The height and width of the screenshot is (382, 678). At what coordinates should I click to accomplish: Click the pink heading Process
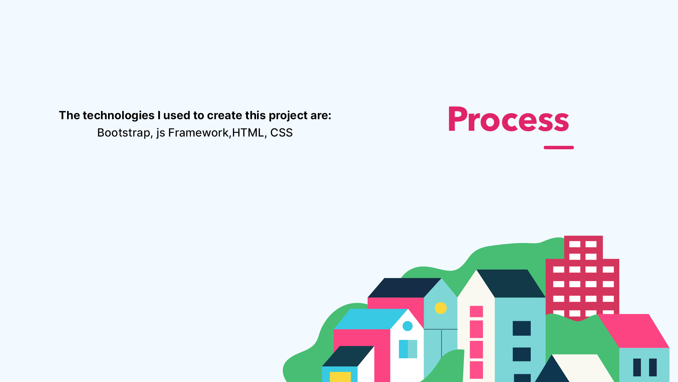pyautogui.click(x=509, y=119)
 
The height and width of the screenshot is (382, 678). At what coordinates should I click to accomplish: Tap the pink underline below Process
pyautogui.click(x=559, y=147)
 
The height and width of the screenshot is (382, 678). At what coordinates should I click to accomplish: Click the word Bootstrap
pyautogui.click(x=124, y=133)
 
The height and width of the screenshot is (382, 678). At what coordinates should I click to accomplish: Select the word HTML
pyautogui.click(x=248, y=133)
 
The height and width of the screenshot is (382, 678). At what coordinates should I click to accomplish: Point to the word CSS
pyautogui.click(x=281, y=133)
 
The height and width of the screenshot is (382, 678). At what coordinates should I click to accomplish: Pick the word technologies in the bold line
pyautogui.click(x=119, y=116)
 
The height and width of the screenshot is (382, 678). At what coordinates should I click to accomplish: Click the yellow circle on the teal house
pyautogui.click(x=441, y=308)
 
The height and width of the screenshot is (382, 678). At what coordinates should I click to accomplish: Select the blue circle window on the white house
pyautogui.click(x=408, y=326)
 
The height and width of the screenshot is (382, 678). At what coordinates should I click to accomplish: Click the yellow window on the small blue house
pyautogui.click(x=340, y=377)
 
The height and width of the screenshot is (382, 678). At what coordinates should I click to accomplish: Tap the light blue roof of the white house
pyautogui.click(x=371, y=319)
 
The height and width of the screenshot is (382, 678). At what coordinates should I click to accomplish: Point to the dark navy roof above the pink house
pyautogui.click(x=404, y=288)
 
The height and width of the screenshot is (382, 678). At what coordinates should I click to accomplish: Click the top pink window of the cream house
pyautogui.click(x=476, y=312)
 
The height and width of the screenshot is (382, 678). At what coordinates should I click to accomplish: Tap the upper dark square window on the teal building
pyautogui.click(x=522, y=328)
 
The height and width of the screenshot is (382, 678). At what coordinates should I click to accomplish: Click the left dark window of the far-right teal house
pyautogui.click(x=637, y=367)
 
